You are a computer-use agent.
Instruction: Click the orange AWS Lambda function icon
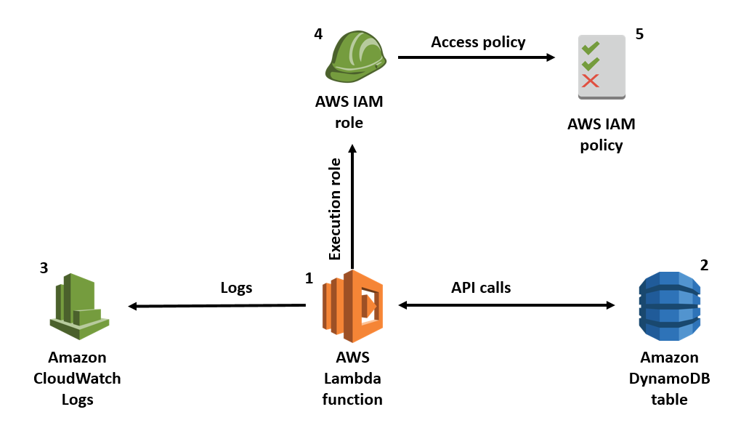[x=352, y=306]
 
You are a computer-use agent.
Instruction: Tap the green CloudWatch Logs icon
[x=78, y=306]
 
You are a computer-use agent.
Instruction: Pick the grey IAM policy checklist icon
[x=602, y=66]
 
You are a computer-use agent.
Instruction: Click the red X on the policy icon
[x=591, y=81]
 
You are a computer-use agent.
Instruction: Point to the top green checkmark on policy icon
[x=591, y=49]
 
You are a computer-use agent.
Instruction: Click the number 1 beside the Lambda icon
[x=309, y=278]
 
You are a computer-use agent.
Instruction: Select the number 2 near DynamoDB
[x=703, y=265]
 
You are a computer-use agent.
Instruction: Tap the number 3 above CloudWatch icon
[x=44, y=268]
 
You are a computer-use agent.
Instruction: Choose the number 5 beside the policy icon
[x=639, y=33]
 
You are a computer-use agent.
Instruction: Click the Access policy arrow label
[x=477, y=42]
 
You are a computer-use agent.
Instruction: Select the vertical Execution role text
[x=335, y=209]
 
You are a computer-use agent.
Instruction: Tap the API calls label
[x=480, y=288]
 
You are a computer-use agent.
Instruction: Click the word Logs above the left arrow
[x=236, y=288]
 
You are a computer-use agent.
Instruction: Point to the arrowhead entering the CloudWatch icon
[x=133, y=306]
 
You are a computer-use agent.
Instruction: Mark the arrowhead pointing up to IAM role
[x=352, y=148]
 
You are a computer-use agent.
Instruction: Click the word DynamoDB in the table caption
[x=669, y=379]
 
